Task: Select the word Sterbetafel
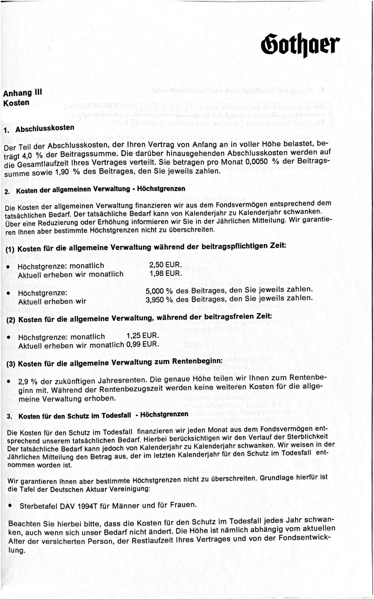pos(35,505)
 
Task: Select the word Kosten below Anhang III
pos(16,103)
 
